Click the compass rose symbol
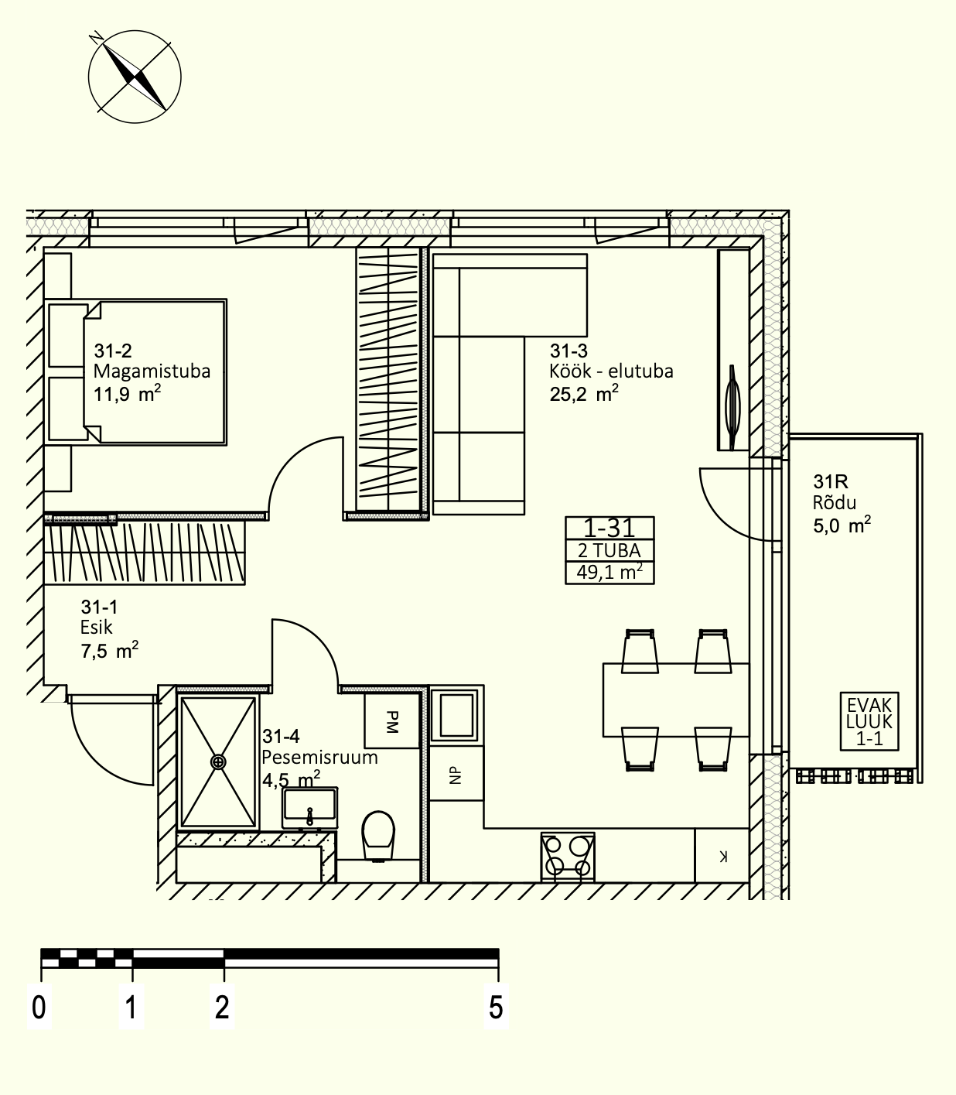pos(135,77)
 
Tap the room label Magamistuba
pos(152,371)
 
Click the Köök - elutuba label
pos(611,371)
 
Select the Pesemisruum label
pos(319,757)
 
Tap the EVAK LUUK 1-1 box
pos(869,721)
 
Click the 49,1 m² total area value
pos(610,573)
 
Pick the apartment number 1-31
pos(609,529)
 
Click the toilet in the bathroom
pos(377,834)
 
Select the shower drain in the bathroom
pos(218,762)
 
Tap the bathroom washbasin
pos(310,807)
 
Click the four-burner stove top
pos(568,855)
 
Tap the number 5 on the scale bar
pos(496,1008)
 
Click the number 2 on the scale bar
pos(222,1008)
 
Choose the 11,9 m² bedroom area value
pos(127,394)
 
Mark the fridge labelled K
pos(722,856)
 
